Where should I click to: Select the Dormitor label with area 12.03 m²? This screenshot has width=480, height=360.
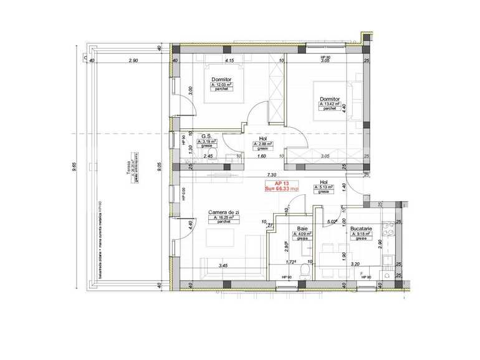[x=222, y=80]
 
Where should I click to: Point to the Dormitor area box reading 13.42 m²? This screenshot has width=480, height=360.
[x=330, y=104]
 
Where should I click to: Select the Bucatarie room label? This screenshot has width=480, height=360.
[x=361, y=229]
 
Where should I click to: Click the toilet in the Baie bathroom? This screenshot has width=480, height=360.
[x=304, y=268]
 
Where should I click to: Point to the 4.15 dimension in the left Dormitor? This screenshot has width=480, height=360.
[x=229, y=60]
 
